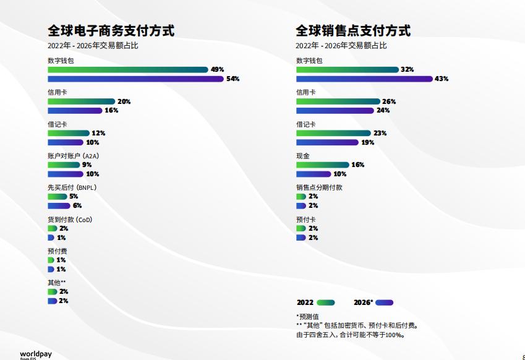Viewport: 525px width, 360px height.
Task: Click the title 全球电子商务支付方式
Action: (111, 30)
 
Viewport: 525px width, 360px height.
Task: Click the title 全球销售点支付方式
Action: (353, 30)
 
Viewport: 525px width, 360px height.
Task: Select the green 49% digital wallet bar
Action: (128, 70)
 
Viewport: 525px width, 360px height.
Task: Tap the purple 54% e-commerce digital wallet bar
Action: (135, 79)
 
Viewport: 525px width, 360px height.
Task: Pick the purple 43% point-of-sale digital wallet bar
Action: (364, 79)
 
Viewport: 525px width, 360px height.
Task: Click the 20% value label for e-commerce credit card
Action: (124, 101)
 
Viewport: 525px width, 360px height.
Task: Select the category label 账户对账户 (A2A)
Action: (73, 156)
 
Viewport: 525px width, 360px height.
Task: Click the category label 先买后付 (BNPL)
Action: (72, 187)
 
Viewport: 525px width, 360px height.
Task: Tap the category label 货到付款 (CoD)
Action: (70, 220)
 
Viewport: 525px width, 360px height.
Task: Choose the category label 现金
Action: (302, 156)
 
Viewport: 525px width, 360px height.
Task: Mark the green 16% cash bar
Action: (322, 165)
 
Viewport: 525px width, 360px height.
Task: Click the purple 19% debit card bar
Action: (327, 142)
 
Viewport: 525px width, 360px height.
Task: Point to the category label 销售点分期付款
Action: (319, 187)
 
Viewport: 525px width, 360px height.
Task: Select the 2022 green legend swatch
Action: (325, 303)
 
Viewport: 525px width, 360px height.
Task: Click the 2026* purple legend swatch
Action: (384, 303)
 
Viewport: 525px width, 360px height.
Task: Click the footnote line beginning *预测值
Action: (307, 317)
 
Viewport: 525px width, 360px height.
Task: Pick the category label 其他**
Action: (57, 283)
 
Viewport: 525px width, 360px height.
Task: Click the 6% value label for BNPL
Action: (77, 206)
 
